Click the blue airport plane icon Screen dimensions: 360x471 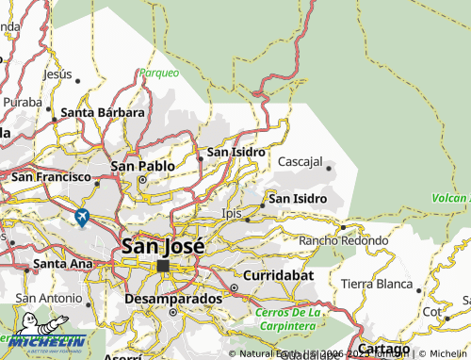[82, 218]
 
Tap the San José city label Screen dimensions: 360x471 [162, 246]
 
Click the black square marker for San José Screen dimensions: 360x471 [164, 266]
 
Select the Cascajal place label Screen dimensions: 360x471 [300, 162]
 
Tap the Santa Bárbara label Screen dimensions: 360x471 [103, 113]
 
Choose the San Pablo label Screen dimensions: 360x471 [143, 166]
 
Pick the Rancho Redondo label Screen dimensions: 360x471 [343, 241]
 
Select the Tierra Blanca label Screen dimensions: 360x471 [377, 284]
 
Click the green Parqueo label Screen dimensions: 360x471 [158, 73]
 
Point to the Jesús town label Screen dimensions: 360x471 [57, 74]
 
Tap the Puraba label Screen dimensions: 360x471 [22, 102]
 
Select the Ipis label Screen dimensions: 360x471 [232, 214]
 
